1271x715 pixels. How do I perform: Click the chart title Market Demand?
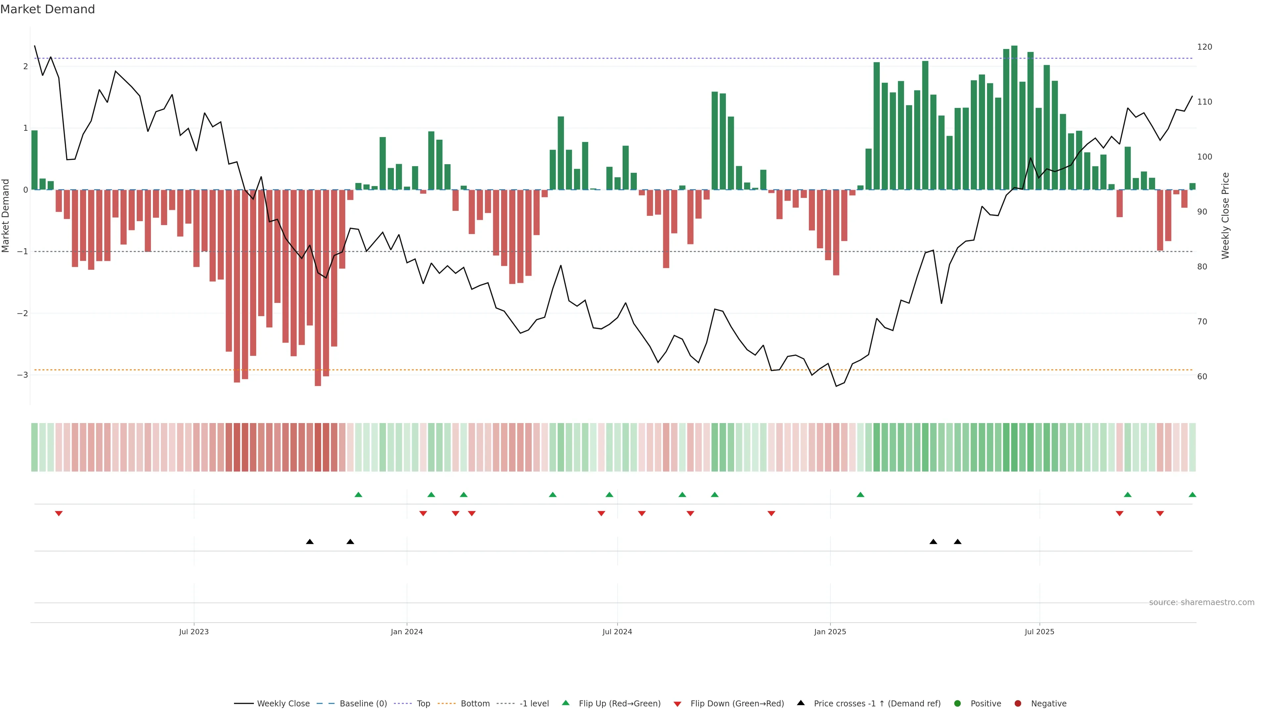pos(47,9)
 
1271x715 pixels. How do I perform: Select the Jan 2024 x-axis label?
pos(406,632)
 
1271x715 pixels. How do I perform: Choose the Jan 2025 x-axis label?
pos(830,632)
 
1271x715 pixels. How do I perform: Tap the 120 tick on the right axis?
pos(1204,47)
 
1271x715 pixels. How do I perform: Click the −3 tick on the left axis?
pos(22,375)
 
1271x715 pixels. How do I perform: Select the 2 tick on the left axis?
pos(25,66)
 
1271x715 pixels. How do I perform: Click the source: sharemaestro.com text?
pos(1201,602)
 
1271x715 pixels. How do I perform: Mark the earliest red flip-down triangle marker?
pos(59,514)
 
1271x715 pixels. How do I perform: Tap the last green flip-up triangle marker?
pos(1192,495)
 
